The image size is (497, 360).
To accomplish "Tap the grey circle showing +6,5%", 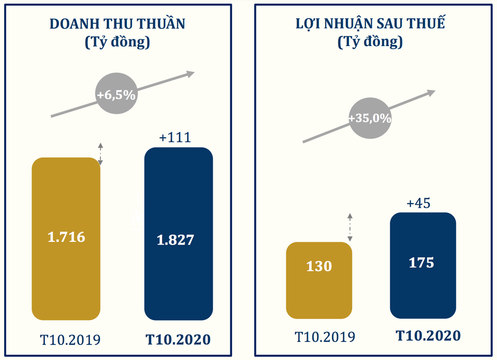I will pos(116,95).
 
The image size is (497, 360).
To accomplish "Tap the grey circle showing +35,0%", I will pos(370,118).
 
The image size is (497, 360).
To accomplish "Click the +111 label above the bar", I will pos(176,137).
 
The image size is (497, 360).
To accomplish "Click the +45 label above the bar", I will pos(418,203).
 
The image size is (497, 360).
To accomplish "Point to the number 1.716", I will pos(66,238).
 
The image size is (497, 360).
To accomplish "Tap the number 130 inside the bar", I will pos(319,266).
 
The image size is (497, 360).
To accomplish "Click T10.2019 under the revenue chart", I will pos(70,340).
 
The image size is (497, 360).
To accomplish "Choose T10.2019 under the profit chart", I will pos(325,337).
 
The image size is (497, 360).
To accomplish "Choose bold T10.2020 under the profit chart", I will pos(428,336).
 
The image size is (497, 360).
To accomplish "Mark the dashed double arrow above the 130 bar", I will pos(350,227).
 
